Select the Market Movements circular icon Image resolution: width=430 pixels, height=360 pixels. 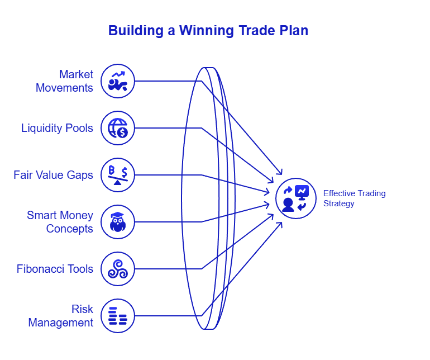tap(118, 81)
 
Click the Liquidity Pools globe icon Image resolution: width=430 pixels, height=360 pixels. tap(118, 128)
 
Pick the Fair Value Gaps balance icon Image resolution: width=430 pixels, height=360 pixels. tap(118, 175)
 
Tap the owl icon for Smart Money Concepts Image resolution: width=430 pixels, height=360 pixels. tap(118, 222)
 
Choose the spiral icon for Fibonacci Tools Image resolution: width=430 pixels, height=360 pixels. tap(118, 269)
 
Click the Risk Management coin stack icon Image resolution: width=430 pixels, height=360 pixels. tap(118, 316)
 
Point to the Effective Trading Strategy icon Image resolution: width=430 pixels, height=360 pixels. tap(295, 198)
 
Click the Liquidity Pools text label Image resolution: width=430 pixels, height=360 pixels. tap(57, 128)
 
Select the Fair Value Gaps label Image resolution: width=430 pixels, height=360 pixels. tap(53, 175)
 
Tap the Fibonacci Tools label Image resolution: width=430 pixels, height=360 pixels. tap(55, 269)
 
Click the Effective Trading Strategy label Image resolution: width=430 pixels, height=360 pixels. tap(354, 198)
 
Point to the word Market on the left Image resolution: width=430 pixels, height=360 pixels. tap(77, 74)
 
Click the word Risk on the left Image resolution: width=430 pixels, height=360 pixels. tap(82, 309)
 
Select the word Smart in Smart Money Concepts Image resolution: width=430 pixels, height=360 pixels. tap(40, 215)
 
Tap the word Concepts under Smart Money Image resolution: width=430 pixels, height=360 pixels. tap(69, 229)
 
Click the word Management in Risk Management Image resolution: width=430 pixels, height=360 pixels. tap(60, 323)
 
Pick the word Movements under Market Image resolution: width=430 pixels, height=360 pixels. tap(64, 88)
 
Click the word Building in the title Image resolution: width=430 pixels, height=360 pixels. tap(135, 30)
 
